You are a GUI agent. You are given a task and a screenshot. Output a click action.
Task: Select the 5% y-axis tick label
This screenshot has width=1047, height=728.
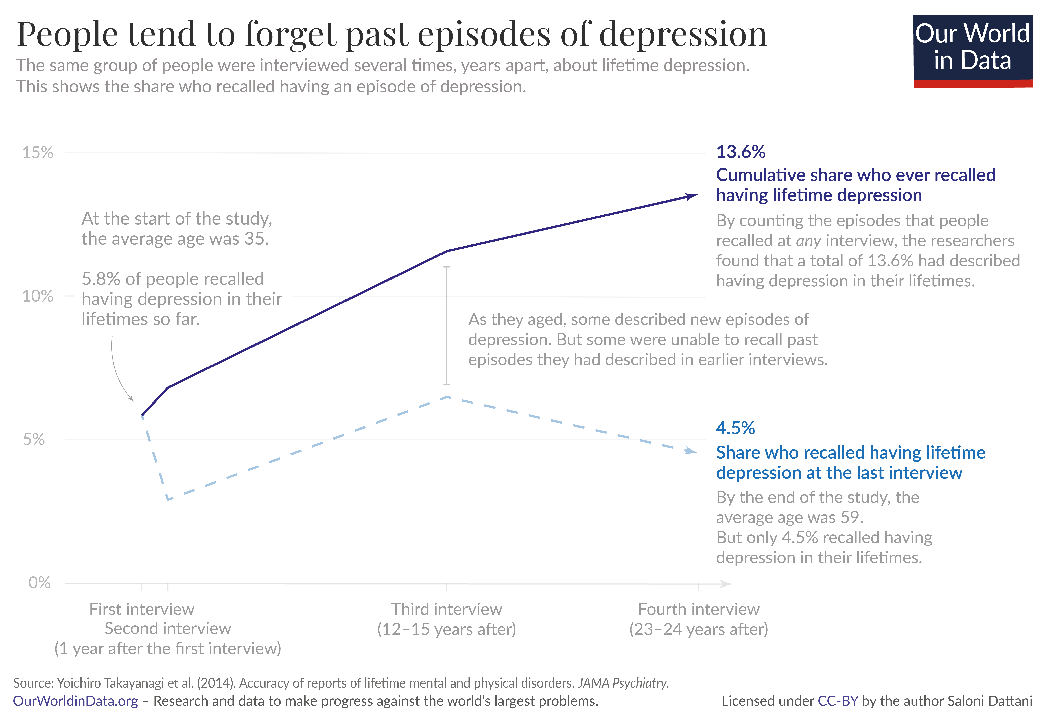click(x=34, y=440)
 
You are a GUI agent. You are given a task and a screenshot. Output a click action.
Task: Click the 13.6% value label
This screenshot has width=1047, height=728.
click(x=741, y=152)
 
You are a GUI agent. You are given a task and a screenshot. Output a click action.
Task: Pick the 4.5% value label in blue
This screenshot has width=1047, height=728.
click(x=735, y=428)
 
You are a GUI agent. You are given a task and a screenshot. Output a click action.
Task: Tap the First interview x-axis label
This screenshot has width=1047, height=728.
click(x=142, y=609)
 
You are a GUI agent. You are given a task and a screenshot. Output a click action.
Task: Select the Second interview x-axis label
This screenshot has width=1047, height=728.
click(x=168, y=629)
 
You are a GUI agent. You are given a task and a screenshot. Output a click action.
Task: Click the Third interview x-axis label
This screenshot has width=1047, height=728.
click(x=446, y=609)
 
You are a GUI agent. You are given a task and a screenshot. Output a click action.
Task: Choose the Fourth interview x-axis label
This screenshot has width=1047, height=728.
click(x=699, y=609)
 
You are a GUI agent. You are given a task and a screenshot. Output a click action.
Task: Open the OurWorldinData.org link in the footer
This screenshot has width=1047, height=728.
click(x=75, y=701)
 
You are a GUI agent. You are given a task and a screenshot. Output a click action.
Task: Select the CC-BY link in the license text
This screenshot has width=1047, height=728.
click(x=838, y=701)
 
